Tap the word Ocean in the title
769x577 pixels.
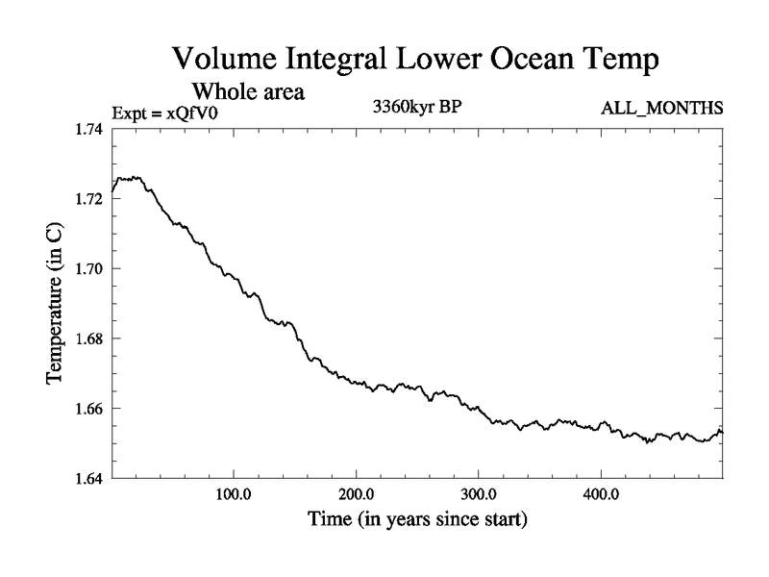click(x=533, y=59)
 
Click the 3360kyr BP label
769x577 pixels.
click(x=417, y=108)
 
